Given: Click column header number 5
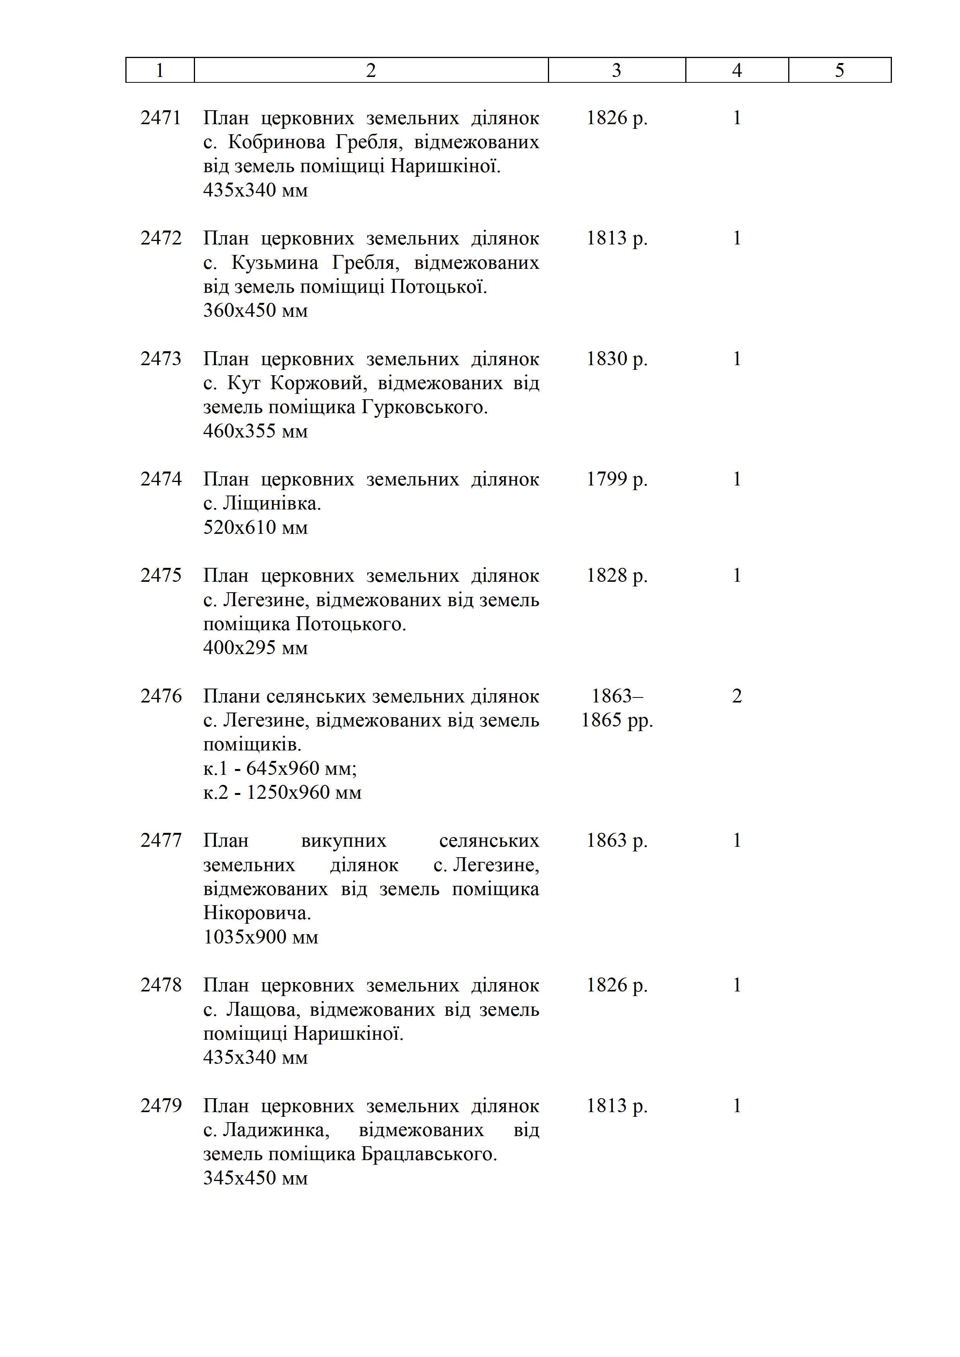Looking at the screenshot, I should click(x=839, y=70).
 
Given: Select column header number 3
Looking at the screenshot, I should click(x=616, y=70).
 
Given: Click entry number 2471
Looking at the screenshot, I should click(x=161, y=118).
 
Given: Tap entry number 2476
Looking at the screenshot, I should click(x=161, y=696).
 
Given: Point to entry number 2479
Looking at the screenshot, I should click(x=161, y=1106).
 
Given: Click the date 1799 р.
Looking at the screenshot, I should click(x=616, y=479).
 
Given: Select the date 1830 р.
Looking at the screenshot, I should click(x=616, y=359).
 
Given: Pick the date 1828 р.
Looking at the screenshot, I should click(x=616, y=576).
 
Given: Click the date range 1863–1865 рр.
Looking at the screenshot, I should click(x=616, y=708).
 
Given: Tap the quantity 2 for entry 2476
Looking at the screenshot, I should click(x=737, y=696).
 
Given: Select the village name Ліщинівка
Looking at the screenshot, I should click(x=272, y=504).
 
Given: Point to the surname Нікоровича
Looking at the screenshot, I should click(x=257, y=913).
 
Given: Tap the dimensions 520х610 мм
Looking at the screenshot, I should click(x=255, y=527).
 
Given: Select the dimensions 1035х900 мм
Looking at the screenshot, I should click(x=261, y=937).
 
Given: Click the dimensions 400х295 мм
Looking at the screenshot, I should click(x=255, y=648).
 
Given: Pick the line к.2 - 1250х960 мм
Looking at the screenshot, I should click(x=282, y=793).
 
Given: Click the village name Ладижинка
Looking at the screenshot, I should click(x=274, y=1130).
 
